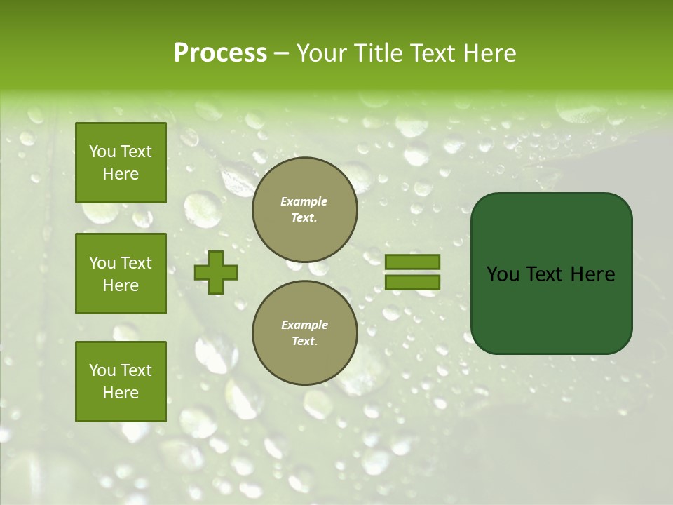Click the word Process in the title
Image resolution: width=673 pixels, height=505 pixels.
tap(220, 53)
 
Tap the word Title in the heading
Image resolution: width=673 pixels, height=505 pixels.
tap(378, 53)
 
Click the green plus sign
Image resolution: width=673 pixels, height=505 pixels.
tap(216, 273)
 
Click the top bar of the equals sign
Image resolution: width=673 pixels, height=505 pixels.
tap(412, 262)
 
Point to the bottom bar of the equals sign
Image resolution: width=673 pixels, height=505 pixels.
tap(412, 282)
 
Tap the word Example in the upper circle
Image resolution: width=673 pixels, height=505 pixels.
tap(304, 201)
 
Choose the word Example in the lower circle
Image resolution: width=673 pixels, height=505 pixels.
tap(304, 325)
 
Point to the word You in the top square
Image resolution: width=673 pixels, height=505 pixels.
tap(102, 151)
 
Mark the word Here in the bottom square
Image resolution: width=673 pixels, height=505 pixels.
tap(121, 393)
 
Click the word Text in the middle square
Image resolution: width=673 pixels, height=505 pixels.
tap(135, 263)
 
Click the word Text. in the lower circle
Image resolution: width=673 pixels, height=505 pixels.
tap(304, 342)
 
